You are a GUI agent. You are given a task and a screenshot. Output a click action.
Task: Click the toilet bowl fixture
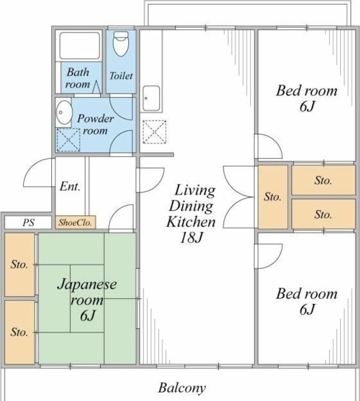[121, 44]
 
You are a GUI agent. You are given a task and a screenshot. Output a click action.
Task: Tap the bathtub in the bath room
[80, 46]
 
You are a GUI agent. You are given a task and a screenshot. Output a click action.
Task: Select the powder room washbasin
[63, 113]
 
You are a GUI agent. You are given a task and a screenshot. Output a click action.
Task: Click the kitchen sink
[152, 98]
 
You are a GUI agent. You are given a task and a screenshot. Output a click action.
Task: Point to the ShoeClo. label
[75, 223]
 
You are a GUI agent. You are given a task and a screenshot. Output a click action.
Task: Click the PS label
[28, 222]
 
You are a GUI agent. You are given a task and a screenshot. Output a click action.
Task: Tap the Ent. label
[70, 187]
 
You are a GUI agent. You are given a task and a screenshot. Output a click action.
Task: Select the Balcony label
[182, 388]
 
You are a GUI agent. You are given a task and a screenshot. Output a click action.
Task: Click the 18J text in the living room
[191, 237]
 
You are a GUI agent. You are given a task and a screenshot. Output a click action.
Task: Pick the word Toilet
[121, 76]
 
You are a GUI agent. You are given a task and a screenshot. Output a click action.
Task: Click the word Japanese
[87, 285]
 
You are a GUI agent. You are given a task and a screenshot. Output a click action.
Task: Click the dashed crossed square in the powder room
[68, 140]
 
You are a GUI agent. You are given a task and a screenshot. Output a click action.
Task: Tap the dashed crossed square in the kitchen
[154, 132]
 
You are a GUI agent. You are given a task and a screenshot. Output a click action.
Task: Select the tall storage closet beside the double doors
[273, 197]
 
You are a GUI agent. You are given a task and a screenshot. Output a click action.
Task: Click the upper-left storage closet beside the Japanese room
[19, 264]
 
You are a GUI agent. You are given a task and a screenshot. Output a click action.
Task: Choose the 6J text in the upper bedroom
[307, 107]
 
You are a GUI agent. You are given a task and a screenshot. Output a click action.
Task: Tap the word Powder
[96, 118]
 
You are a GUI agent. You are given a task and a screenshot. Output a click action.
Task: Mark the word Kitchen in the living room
[191, 222]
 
